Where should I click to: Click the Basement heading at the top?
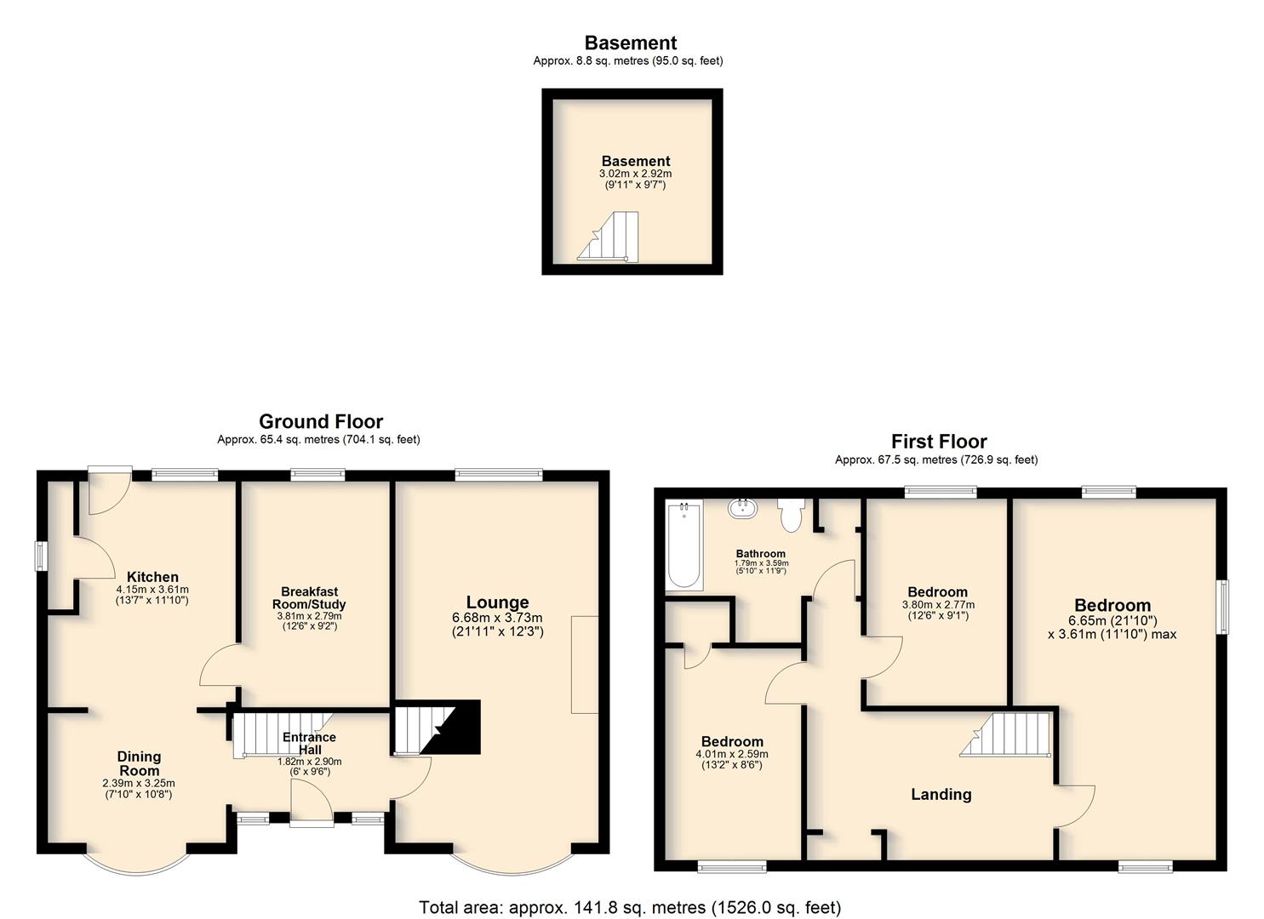coord(631,43)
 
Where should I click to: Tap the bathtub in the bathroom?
coord(683,545)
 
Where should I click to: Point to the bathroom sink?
coord(743,509)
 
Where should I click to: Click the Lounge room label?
coord(497,602)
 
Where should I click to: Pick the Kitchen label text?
coord(152,577)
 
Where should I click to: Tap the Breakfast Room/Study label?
coord(309,598)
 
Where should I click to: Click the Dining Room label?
coord(139,763)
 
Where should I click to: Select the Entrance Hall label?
coord(309,743)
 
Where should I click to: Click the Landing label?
coord(941,795)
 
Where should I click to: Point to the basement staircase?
coord(608,237)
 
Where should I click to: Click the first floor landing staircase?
coord(1005,734)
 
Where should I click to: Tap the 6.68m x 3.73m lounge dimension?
coord(497,618)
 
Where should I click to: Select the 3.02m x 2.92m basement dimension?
coord(635,174)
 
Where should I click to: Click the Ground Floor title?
coord(321,421)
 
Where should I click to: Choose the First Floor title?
coord(939,441)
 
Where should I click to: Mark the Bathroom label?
coord(760,553)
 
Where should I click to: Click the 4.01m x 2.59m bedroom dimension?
coord(732,754)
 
